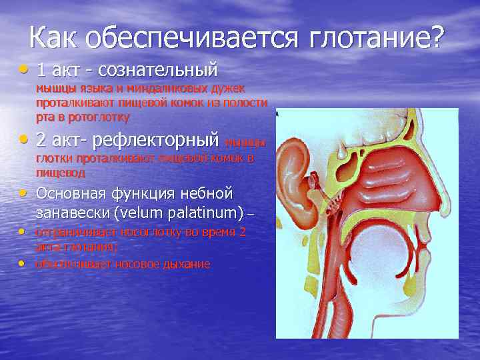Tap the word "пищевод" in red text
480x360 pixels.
[61, 173]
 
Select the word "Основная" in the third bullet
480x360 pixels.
[74, 194]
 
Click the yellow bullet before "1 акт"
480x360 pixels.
[25, 68]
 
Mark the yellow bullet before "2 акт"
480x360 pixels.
[25, 139]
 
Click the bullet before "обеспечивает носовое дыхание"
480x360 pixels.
[23, 263]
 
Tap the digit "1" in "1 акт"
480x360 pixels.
[41, 69]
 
